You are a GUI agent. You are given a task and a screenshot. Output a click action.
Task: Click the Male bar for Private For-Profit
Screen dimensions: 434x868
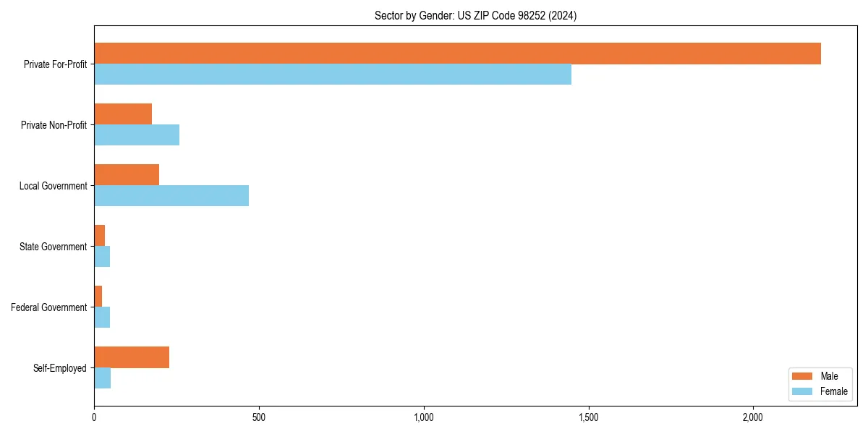(x=457, y=54)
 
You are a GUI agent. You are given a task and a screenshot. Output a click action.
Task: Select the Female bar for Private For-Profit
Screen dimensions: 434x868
(x=333, y=75)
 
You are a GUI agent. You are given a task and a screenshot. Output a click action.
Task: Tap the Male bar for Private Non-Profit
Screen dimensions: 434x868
(x=123, y=114)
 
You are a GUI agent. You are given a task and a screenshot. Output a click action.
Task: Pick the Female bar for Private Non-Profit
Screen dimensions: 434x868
(x=137, y=135)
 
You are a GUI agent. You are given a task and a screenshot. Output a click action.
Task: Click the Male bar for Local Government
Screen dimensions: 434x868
(x=127, y=175)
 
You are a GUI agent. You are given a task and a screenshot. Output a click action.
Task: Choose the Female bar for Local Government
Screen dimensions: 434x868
(x=171, y=196)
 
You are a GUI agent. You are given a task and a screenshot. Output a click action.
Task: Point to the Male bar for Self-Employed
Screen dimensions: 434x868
(x=132, y=357)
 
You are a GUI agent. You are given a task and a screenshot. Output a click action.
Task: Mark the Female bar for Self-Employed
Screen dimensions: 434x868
(x=103, y=378)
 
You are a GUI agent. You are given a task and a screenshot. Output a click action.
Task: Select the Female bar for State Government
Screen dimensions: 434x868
(x=102, y=257)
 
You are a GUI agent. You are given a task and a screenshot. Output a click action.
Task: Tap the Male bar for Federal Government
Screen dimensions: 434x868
(x=98, y=297)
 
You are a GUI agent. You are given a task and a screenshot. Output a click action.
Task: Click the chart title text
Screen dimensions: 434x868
(x=475, y=15)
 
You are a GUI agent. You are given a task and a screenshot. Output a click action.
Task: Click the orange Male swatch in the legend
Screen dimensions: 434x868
(x=803, y=376)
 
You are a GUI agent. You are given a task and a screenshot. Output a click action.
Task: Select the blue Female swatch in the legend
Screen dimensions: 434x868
(x=803, y=391)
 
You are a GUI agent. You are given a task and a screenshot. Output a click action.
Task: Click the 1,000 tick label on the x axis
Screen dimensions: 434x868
(x=423, y=417)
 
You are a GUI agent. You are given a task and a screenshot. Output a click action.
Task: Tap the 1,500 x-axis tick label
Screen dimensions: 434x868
(x=588, y=417)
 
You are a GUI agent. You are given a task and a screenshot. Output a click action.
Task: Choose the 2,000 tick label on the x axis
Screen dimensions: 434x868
(x=753, y=417)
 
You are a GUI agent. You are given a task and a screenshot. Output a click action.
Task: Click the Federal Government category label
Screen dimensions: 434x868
(x=49, y=307)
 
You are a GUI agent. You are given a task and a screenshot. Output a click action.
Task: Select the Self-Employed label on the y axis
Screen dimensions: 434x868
(x=60, y=368)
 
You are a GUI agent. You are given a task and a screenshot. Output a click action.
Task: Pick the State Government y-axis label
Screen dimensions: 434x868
(x=54, y=247)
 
